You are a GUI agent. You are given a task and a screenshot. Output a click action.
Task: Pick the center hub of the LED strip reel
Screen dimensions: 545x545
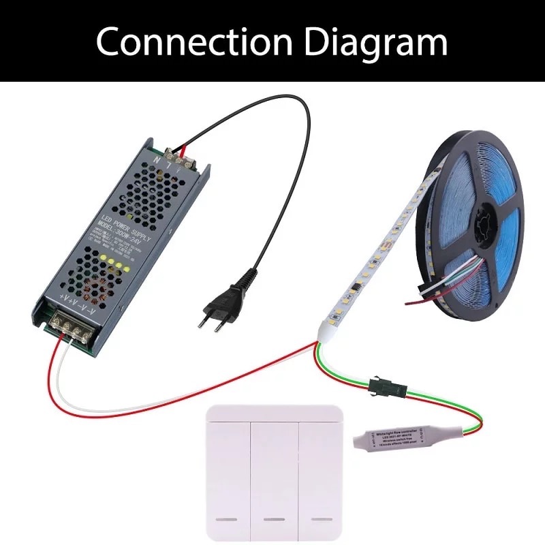point(482,225)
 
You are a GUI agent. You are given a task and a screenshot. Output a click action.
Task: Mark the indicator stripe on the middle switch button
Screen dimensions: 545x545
point(274,519)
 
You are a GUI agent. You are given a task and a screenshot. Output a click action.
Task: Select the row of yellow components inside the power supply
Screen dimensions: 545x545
point(115,262)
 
